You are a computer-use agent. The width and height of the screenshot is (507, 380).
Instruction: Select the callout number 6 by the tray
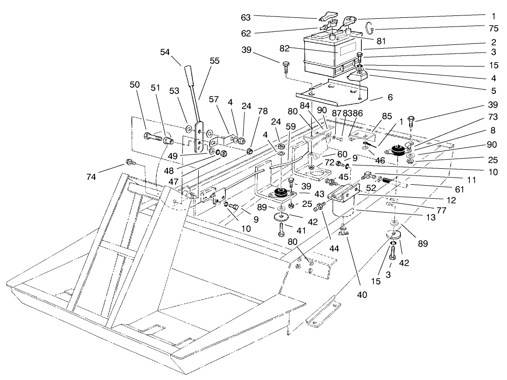point(389,97)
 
